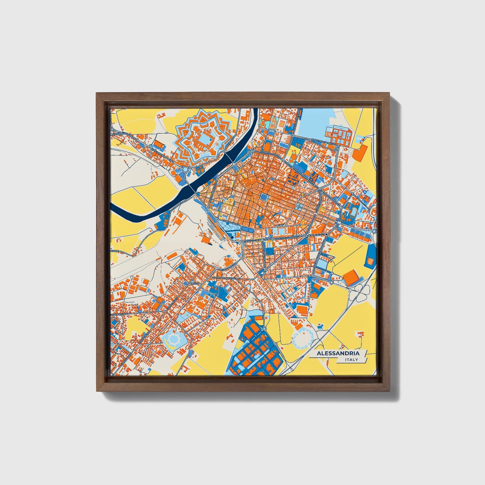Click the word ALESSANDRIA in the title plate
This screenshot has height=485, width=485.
tap(338, 353)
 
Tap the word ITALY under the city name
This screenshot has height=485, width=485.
tap(351, 360)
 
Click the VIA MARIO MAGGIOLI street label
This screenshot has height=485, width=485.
tap(226, 278)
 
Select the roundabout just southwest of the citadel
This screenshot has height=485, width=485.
tap(185, 169)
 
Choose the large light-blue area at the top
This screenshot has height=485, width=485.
tap(316, 121)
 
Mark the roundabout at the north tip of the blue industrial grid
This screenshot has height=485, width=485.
tap(264, 329)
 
